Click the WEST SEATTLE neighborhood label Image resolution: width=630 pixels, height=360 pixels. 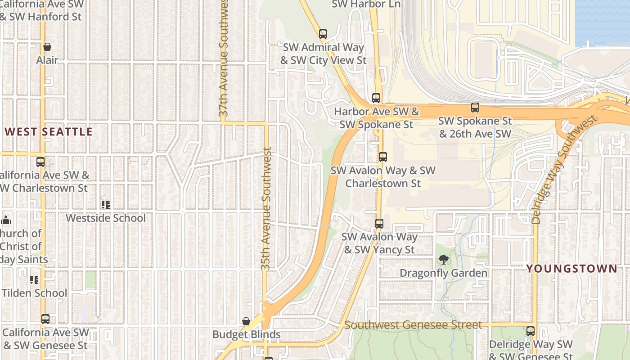pos(49,132)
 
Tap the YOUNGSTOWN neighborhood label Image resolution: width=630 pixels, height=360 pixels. pos(572,269)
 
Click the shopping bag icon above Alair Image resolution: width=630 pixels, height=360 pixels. pos(47,47)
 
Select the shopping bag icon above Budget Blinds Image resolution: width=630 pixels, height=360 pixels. pos(246,321)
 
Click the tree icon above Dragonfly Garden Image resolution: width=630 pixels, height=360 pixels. pos(444,260)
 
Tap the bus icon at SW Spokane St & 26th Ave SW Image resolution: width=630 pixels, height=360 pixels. pos(475,108)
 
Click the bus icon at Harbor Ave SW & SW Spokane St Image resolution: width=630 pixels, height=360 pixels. pos(376,98)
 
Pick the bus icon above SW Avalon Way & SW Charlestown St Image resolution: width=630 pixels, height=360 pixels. pos(383,157)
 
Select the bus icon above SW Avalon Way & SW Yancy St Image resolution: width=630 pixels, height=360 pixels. pos(379,224)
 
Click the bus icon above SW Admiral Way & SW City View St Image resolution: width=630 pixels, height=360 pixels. pos(323,34)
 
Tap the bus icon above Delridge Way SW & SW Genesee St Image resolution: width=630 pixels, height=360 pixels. pos(531,332)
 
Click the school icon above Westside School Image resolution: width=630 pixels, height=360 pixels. pos(106,205)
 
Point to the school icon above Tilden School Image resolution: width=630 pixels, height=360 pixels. pos(34,280)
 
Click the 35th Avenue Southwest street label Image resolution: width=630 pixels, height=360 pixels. pos(266,209)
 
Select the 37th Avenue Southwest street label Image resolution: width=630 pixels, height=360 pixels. pos(224,58)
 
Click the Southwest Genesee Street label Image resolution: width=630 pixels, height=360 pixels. pos(413,325)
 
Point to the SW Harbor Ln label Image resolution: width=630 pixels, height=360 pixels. pos(366,4)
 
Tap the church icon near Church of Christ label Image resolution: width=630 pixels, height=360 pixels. pos(6,220)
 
